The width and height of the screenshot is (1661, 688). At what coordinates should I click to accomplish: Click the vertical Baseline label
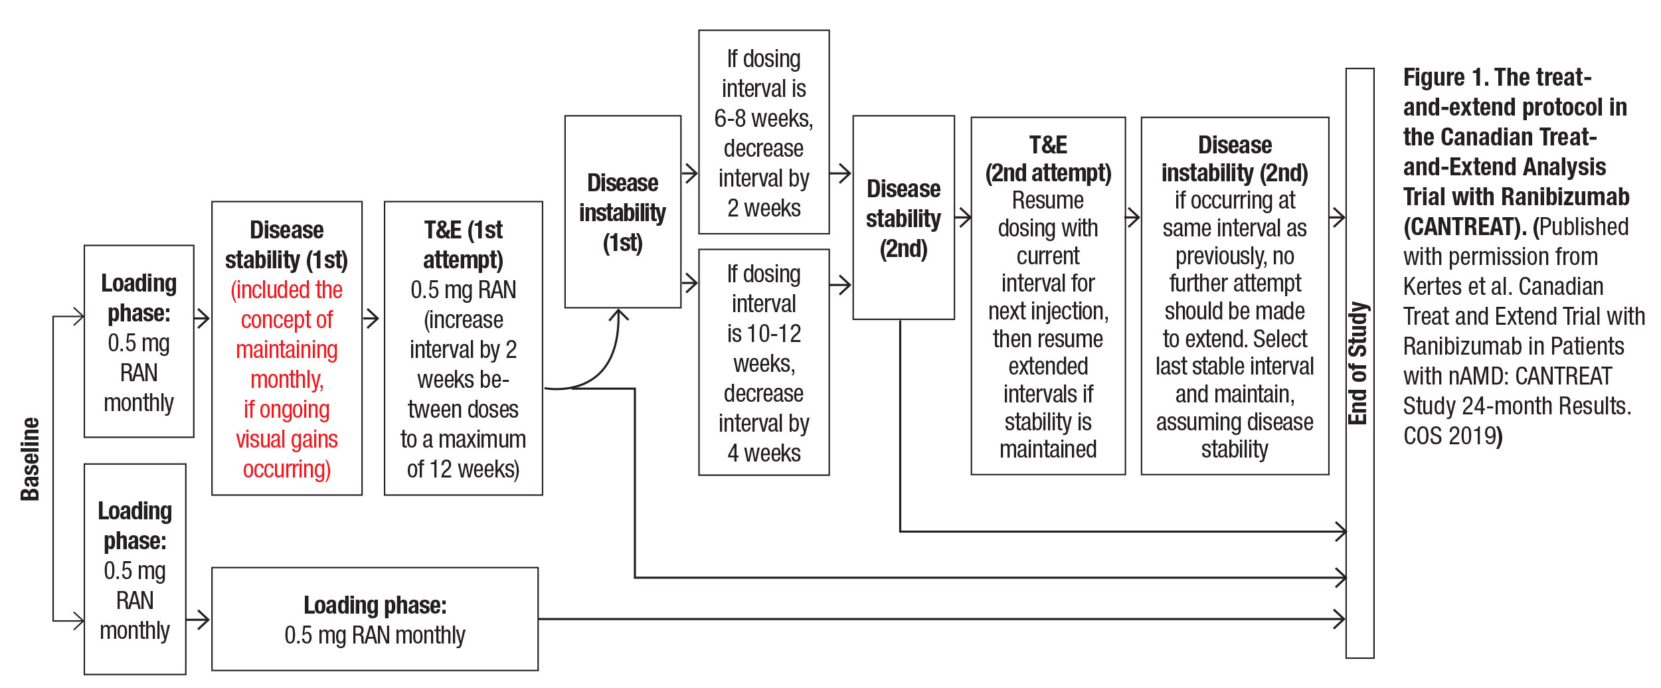(30, 459)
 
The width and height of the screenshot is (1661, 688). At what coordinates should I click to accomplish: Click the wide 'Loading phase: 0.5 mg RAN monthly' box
(375, 619)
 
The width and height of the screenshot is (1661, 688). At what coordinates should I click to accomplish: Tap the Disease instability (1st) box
(622, 212)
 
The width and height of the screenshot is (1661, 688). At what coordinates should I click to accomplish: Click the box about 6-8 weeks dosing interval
(764, 132)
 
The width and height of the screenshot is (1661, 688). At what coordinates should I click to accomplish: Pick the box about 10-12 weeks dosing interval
(764, 362)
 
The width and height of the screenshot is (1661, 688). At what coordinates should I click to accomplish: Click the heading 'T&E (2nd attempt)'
(1048, 159)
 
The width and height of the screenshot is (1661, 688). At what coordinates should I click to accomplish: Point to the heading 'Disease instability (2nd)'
(1235, 159)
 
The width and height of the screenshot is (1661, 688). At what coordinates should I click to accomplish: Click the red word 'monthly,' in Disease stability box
(287, 379)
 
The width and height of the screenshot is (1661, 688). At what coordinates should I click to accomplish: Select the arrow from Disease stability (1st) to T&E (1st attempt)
(372, 319)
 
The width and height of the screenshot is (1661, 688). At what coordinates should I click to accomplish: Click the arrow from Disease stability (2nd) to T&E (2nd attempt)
(963, 216)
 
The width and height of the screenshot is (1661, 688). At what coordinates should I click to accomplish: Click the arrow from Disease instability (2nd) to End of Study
(1337, 216)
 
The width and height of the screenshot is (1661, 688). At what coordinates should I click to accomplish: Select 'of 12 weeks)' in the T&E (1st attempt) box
(463, 470)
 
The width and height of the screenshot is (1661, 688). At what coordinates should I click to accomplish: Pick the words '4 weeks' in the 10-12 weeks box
(764, 453)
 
